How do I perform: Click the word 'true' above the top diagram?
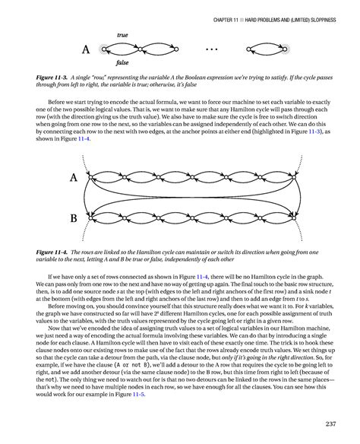click(x=122, y=36)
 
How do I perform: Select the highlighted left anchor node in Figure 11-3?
click(x=105, y=50)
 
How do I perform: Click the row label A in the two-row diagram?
click(x=74, y=179)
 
